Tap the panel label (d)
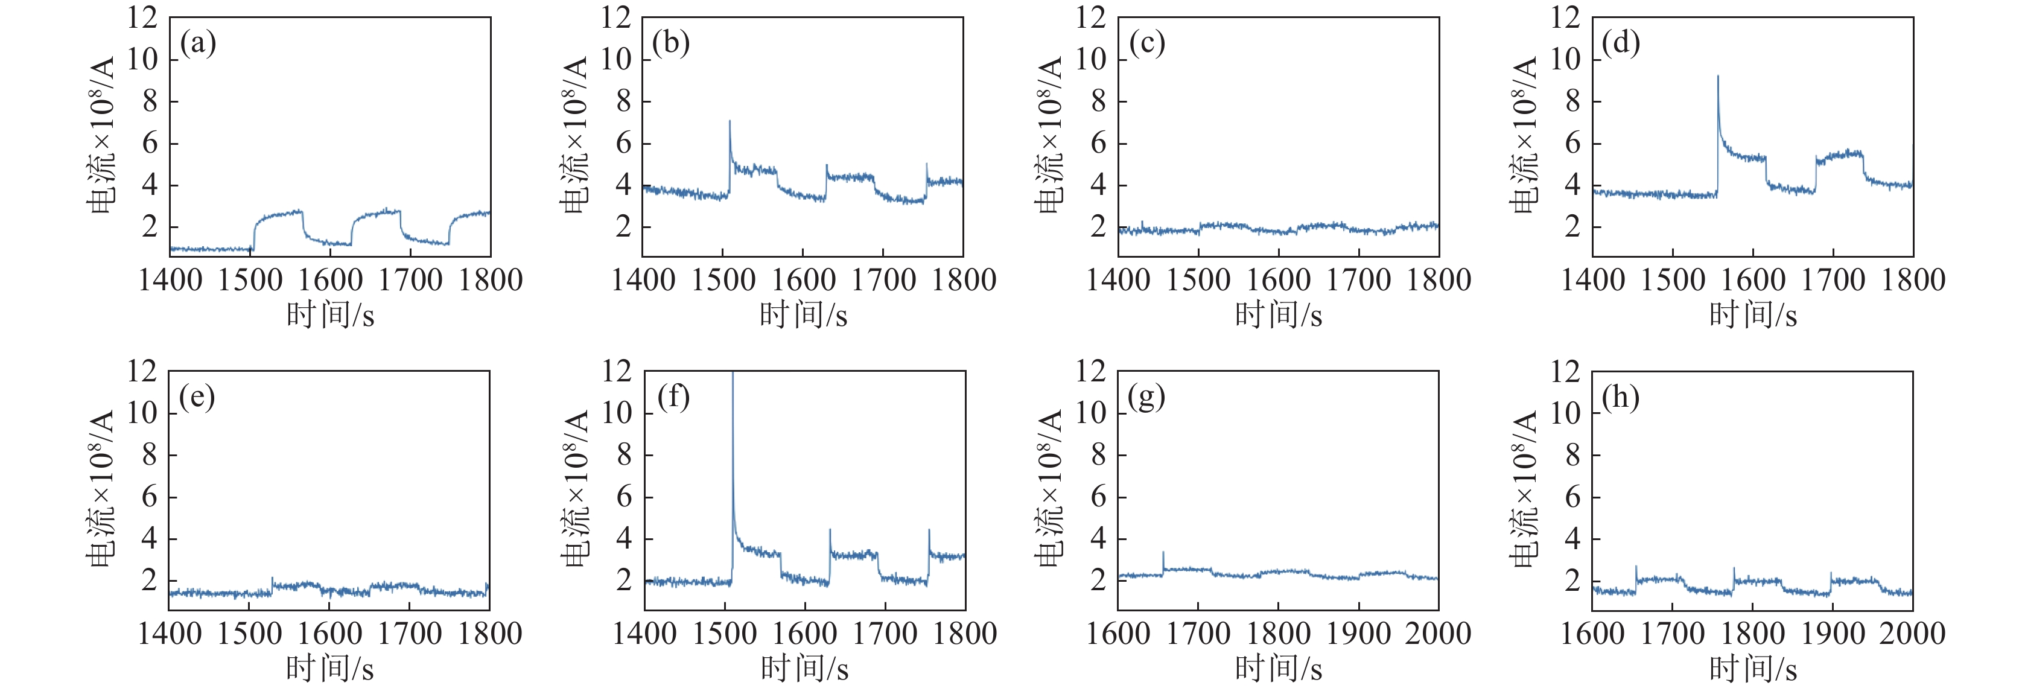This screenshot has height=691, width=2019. (1621, 43)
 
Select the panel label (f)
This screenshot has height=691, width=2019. (673, 397)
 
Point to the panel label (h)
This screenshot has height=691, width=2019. (1621, 398)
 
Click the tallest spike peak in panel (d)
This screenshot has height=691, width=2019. (1718, 77)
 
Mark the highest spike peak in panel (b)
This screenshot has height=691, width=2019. (730, 121)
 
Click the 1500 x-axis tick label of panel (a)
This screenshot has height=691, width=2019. (250, 279)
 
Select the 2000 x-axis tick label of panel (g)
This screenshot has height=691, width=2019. (1437, 633)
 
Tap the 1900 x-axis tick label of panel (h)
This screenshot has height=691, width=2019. (1833, 633)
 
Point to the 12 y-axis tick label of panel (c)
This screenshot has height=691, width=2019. (1090, 18)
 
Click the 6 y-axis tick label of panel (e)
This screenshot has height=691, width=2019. (149, 497)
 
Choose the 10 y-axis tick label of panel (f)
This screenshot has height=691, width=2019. (617, 413)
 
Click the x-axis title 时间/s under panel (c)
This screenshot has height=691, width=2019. (1279, 315)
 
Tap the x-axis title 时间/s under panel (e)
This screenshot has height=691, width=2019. (329, 668)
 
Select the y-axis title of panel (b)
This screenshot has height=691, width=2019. (574, 135)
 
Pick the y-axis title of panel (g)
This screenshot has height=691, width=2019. (1049, 488)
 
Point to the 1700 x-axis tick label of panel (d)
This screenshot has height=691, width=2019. (1833, 279)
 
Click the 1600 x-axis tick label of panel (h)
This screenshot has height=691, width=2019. (1592, 633)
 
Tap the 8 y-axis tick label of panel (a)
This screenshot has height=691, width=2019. (149, 101)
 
